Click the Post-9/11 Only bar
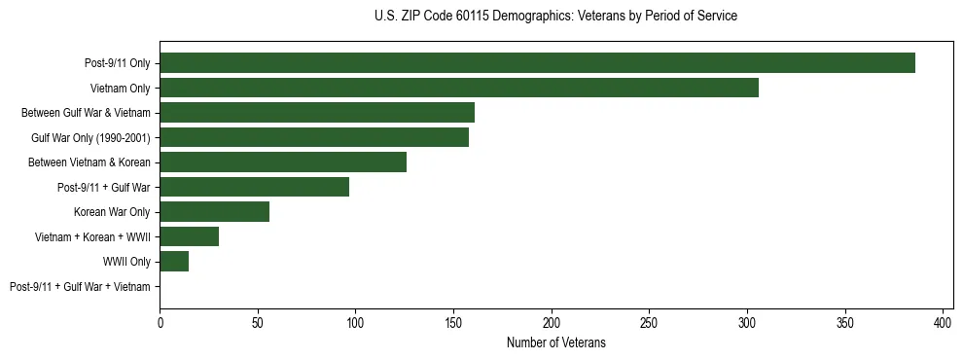(x=537, y=63)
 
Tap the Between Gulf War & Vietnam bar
(x=317, y=113)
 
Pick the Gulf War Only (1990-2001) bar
(x=314, y=137)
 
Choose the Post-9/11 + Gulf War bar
(x=254, y=187)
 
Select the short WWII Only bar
(x=174, y=262)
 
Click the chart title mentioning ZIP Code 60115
(x=555, y=17)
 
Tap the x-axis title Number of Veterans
(x=555, y=342)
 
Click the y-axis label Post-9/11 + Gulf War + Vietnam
(x=80, y=287)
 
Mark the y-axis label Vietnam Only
(x=121, y=89)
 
